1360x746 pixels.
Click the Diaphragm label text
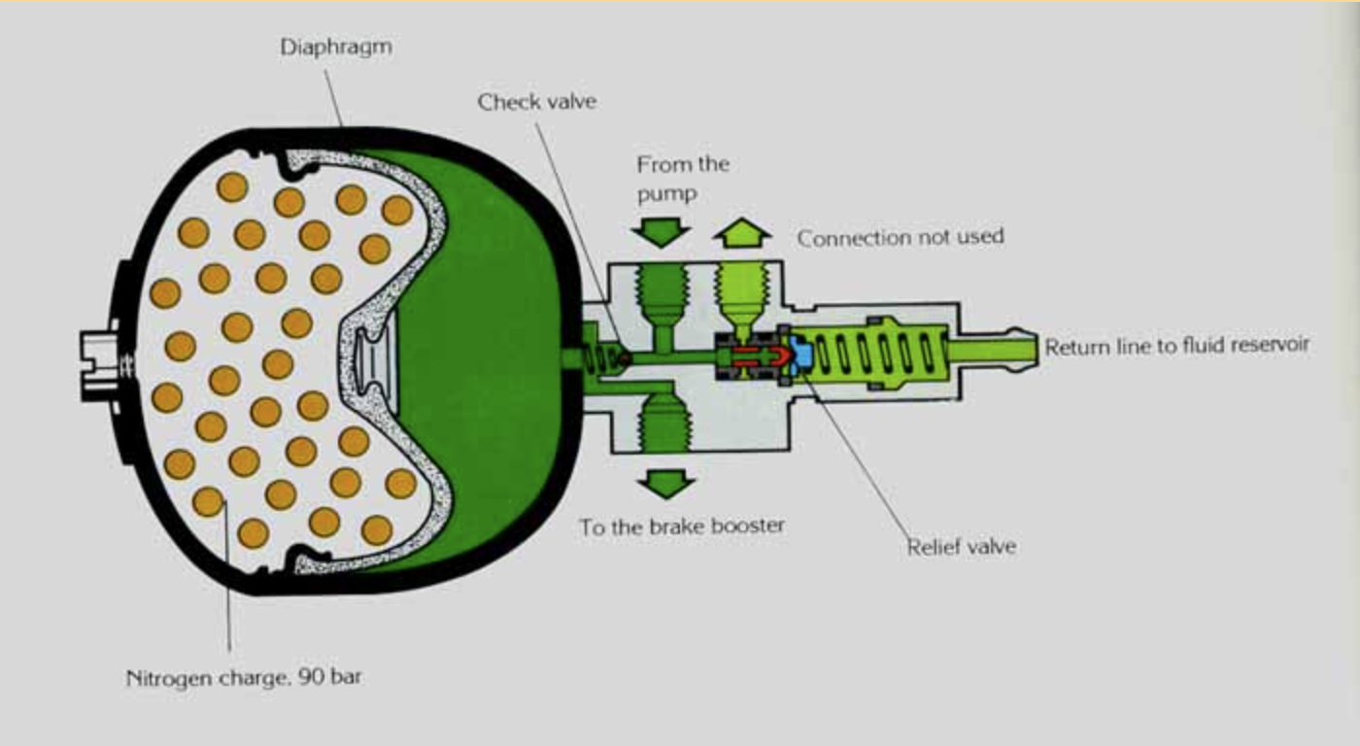pos(335,47)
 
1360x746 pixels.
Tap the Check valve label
pos(536,101)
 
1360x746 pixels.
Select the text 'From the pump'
pos(682,179)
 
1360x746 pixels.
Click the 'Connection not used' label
pos(900,237)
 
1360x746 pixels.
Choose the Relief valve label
pos(961,546)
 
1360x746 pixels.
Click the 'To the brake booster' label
pos(681,526)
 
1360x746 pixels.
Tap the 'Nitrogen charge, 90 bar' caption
pos(243,677)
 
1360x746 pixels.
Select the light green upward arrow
pos(742,233)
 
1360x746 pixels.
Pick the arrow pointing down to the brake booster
pos(665,482)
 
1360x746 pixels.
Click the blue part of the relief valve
pos(802,356)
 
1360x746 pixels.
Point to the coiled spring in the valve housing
pos(879,356)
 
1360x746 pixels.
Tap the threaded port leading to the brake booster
pos(665,418)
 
